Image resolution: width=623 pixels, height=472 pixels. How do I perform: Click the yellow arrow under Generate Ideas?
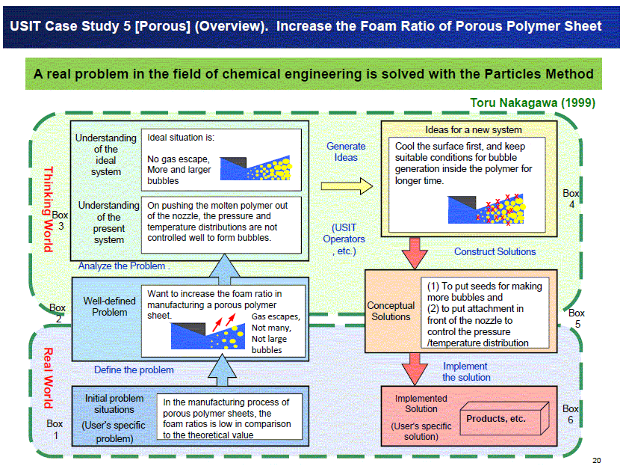point(347,186)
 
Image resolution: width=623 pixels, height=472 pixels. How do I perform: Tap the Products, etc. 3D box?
point(504,418)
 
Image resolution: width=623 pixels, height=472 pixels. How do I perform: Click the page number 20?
point(596,461)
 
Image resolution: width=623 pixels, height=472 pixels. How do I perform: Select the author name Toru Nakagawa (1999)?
point(533,102)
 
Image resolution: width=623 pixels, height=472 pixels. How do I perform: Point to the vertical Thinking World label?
point(48,209)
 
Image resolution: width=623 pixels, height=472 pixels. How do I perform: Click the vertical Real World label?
point(48,378)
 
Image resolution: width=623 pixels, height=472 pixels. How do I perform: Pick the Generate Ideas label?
point(346,152)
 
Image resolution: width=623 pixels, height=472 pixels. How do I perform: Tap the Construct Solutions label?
point(495,251)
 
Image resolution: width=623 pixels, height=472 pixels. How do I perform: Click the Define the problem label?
point(134,370)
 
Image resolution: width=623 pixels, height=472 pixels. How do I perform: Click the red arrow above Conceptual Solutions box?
point(415,253)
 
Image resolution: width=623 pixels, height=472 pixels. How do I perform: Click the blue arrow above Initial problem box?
point(222,370)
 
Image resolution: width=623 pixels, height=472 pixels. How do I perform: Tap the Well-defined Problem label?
point(109,307)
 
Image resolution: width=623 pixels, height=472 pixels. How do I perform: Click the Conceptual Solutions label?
point(391,311)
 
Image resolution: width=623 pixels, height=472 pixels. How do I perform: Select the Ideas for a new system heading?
point(473,129)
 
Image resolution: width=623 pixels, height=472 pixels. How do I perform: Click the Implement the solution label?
point(466,372)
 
